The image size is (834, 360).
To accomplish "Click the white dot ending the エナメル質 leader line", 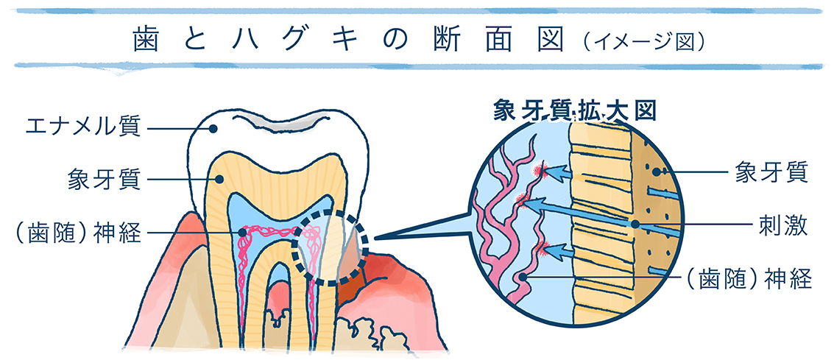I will pos(213,129).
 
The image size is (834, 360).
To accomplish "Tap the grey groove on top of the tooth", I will pos(283,127).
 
